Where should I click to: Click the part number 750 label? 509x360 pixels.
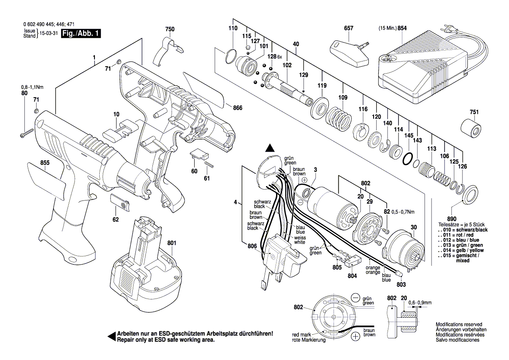[x=170, y=29]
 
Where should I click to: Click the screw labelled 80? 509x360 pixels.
[x=27, y=133]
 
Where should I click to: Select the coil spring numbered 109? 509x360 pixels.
[x=340, y=118]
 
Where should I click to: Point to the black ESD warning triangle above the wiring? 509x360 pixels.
[x=270, y=148]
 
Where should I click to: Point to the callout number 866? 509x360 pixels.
[x=237, y=108]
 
